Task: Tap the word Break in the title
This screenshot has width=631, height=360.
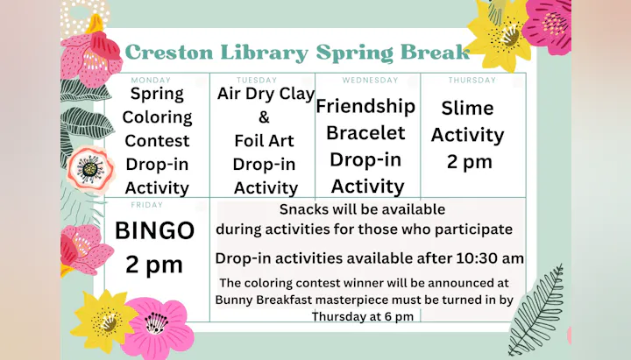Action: tap(434, 53)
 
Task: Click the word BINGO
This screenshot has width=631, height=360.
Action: tap(155, 231)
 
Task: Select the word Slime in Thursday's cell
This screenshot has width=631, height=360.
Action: tap(467, 109)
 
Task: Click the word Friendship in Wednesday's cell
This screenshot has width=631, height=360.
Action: tap(365, 107)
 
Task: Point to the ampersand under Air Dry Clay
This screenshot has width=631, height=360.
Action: tap(265, 117)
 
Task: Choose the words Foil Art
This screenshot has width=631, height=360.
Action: tap(266, 141)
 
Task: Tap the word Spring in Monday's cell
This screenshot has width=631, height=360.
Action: tap(157, 94)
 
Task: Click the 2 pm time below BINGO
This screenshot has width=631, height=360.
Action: tap(154, 264)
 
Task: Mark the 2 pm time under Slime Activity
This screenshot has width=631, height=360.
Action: tap(469, 161)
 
